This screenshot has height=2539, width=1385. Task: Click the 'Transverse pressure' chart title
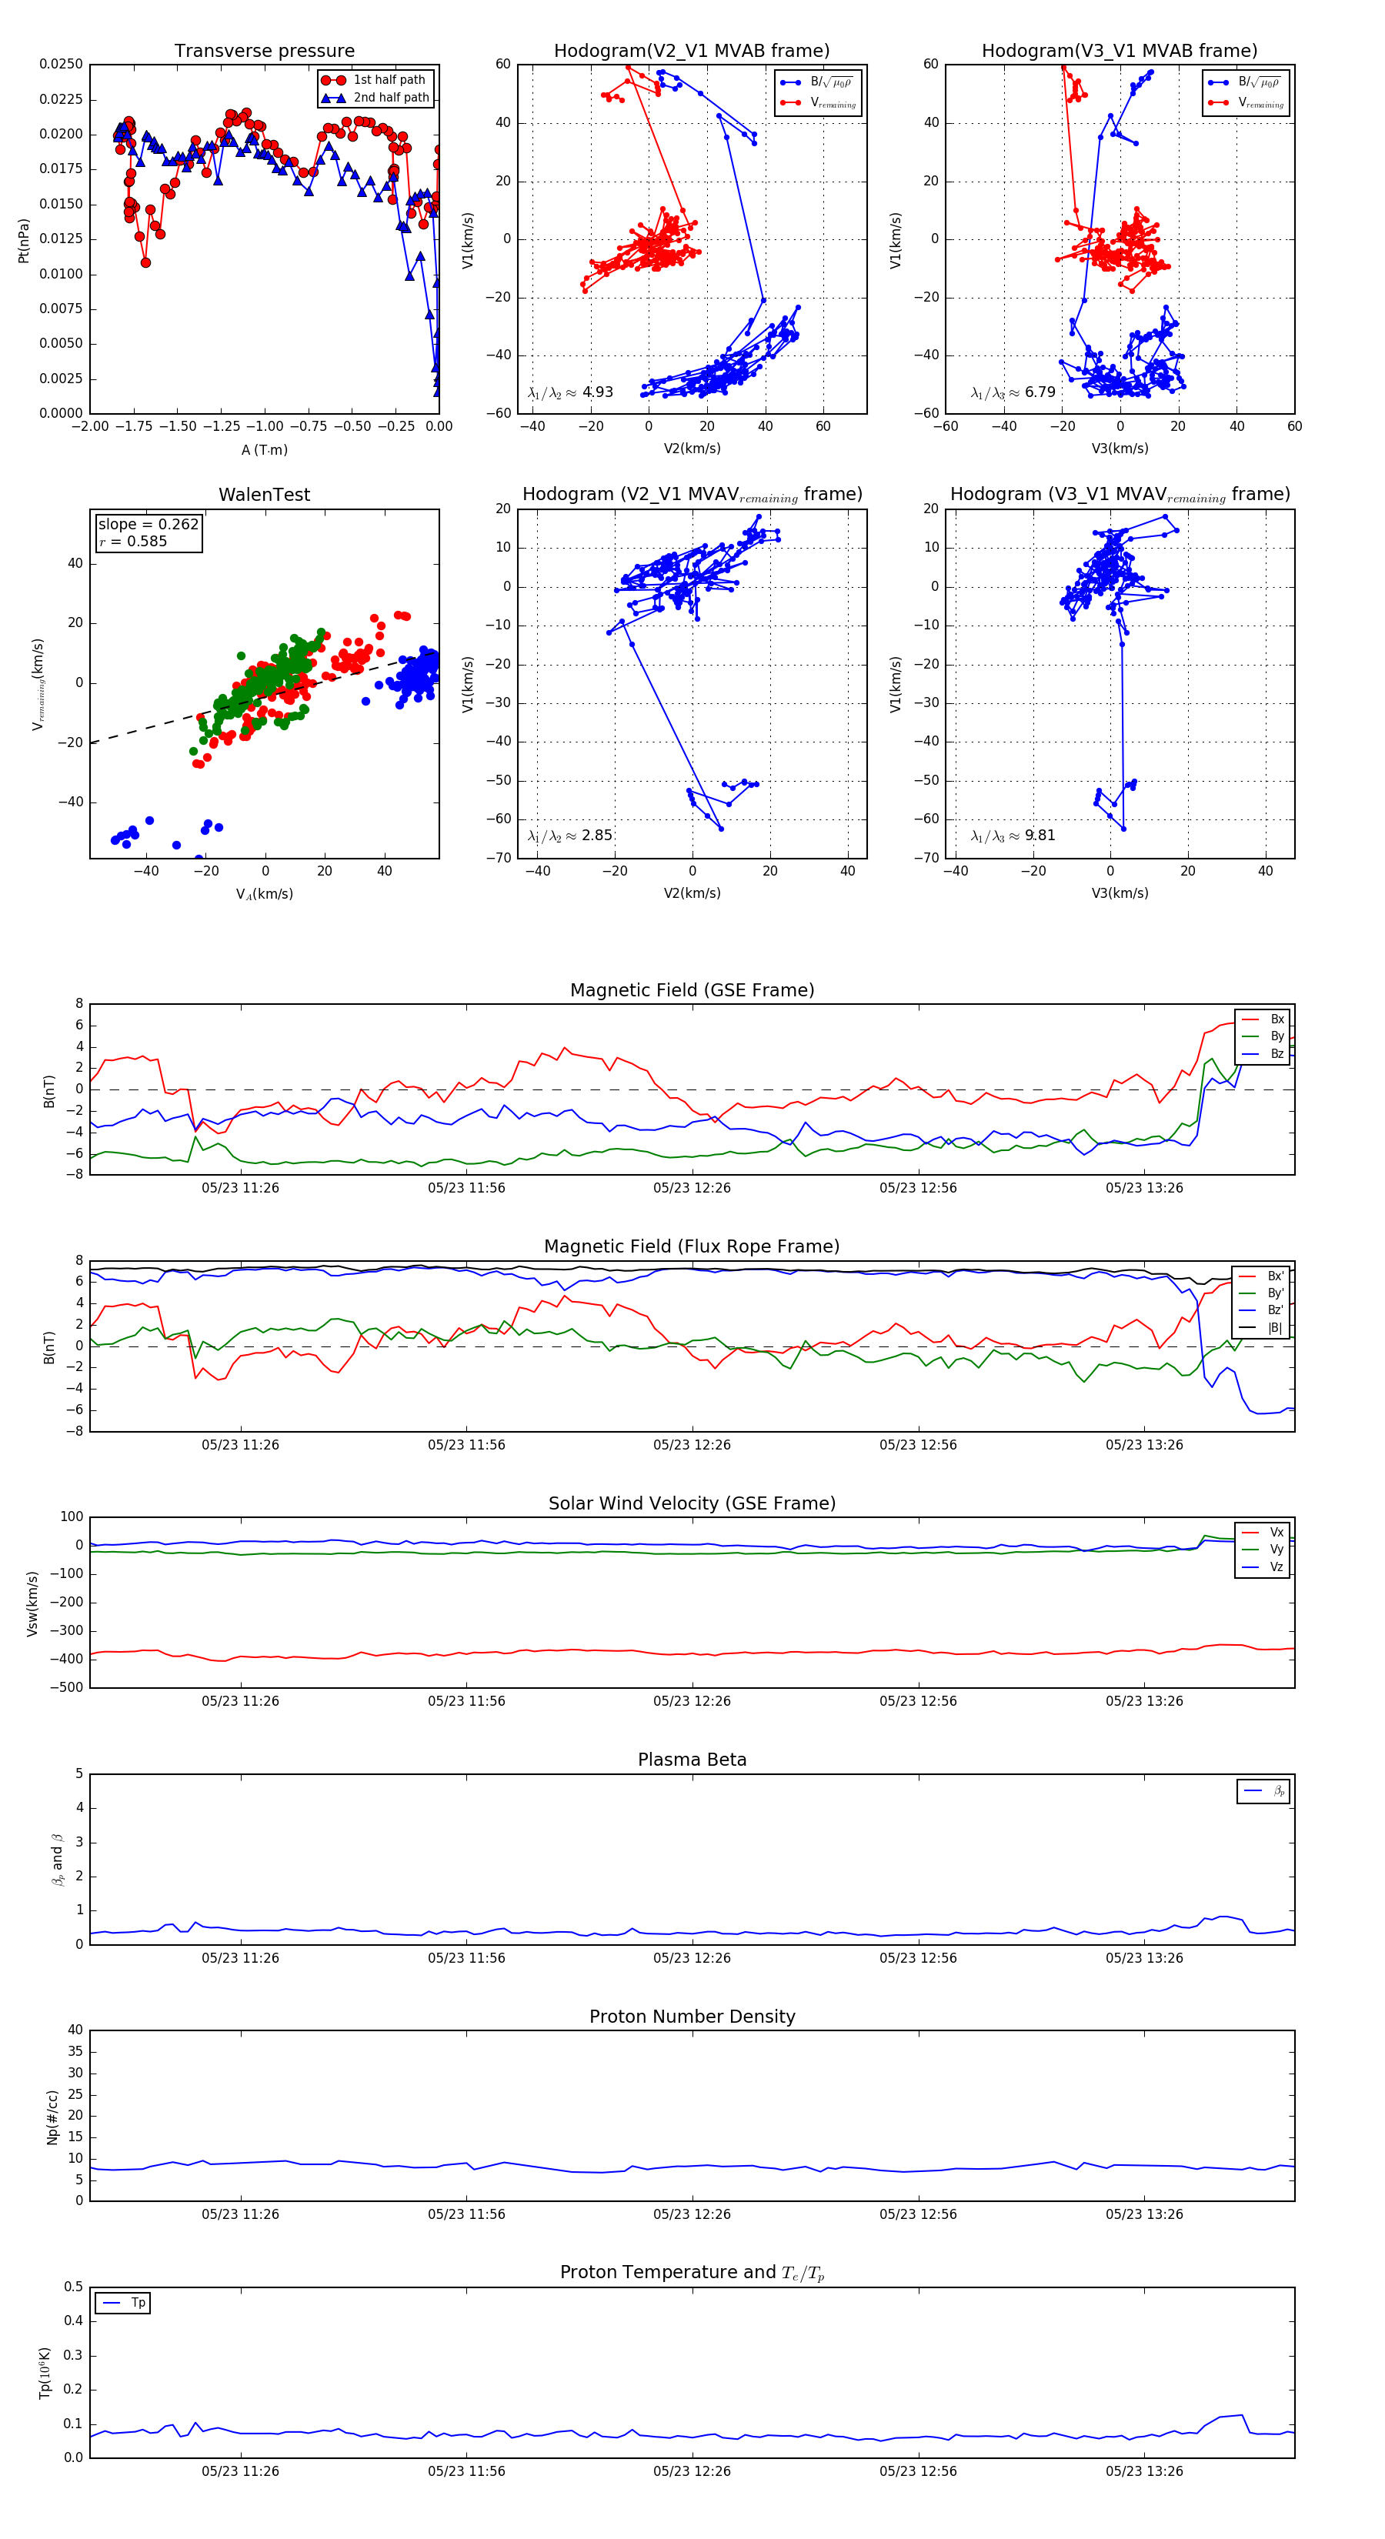click(264, 52)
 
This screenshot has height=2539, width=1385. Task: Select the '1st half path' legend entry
click(389, 80)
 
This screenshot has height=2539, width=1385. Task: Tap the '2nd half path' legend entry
click(390, 98)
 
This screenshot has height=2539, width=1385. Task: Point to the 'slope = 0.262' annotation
click(148, 525)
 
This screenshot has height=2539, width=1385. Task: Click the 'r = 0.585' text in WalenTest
click(133, 541)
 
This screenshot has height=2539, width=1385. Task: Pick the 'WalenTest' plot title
click(264, 495)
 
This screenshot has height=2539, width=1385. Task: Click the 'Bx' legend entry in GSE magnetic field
click(1276, 1019)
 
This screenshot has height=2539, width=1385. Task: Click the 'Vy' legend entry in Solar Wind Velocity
click(1276, 1550)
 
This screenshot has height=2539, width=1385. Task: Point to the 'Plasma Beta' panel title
click(692, 1760)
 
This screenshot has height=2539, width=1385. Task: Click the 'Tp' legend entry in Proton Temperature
click(137, 2303)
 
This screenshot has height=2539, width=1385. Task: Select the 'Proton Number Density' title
click(692, 2017)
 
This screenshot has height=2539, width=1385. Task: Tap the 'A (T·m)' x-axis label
click(264, 450)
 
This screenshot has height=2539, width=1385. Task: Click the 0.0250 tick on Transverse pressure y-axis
click(61, 64)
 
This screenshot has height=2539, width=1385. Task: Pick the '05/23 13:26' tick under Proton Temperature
click(1143, 2471)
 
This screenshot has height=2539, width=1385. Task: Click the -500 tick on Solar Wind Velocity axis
click(67, 1687)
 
